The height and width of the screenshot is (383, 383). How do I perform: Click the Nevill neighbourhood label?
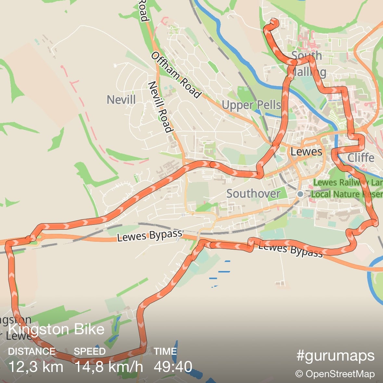pyautogui.click(x=121, y=99)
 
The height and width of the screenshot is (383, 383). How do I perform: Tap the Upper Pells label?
pyautogui.click(x=251, y=105)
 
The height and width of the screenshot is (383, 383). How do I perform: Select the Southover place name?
pyautogui.click(x=253, y=194)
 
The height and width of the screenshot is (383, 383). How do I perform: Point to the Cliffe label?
pyautogui.click(x=361, y=158)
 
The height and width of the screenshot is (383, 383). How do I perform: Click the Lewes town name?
pyautogui.click(x=306, y=151)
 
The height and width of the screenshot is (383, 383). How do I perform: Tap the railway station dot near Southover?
pyautogui.click(x=300, y=194)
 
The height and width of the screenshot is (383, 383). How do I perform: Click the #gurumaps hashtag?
pyautogui.click(x=335, y=356)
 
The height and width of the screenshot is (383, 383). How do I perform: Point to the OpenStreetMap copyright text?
pyautogui.click(x=335, y=374)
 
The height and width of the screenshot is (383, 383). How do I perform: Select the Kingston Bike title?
pyautogui.click(x=56, y=329)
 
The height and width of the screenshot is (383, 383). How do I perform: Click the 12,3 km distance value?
pyautogui.click(x=36, y=367)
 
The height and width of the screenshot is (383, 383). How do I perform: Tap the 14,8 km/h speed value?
pyautogui.click(x=109, y=367)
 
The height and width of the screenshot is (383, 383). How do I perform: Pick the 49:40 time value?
pyautogui.click(x=173, y=367)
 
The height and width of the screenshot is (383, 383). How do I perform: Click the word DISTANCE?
pyautogui.click(x=32, y=351)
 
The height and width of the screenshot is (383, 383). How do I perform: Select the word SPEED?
pyautogui.click(x=90, y=351)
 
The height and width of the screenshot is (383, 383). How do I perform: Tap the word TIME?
pyautogui.click(x=165, y=351)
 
